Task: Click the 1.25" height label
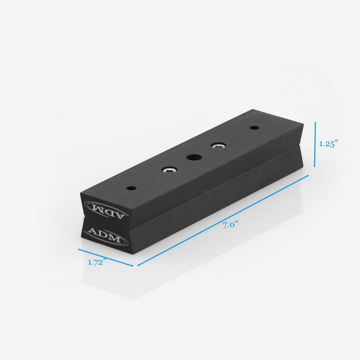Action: (328, 144)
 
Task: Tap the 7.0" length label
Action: (230, 225)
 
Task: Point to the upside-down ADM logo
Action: (104, 208)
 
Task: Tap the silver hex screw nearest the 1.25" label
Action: (219, 146)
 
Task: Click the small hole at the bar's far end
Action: (255, 128)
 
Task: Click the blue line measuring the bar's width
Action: (106, 257)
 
